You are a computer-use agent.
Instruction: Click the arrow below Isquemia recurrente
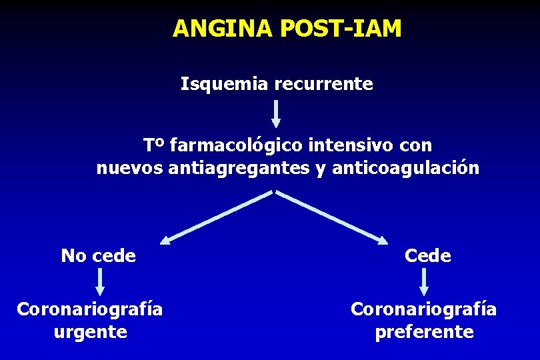point(276,113)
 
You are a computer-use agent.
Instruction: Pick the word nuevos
point(131,169)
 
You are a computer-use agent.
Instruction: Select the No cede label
point(99,255)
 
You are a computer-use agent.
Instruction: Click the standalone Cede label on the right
point(427,255)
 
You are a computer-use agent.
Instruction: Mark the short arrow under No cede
point(99,281)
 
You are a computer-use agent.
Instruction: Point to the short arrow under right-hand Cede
point(424,281)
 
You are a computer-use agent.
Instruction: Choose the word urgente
point(90,331)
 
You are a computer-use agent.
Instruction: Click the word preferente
point(424,331)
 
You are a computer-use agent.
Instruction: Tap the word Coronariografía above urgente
point(90,309)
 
